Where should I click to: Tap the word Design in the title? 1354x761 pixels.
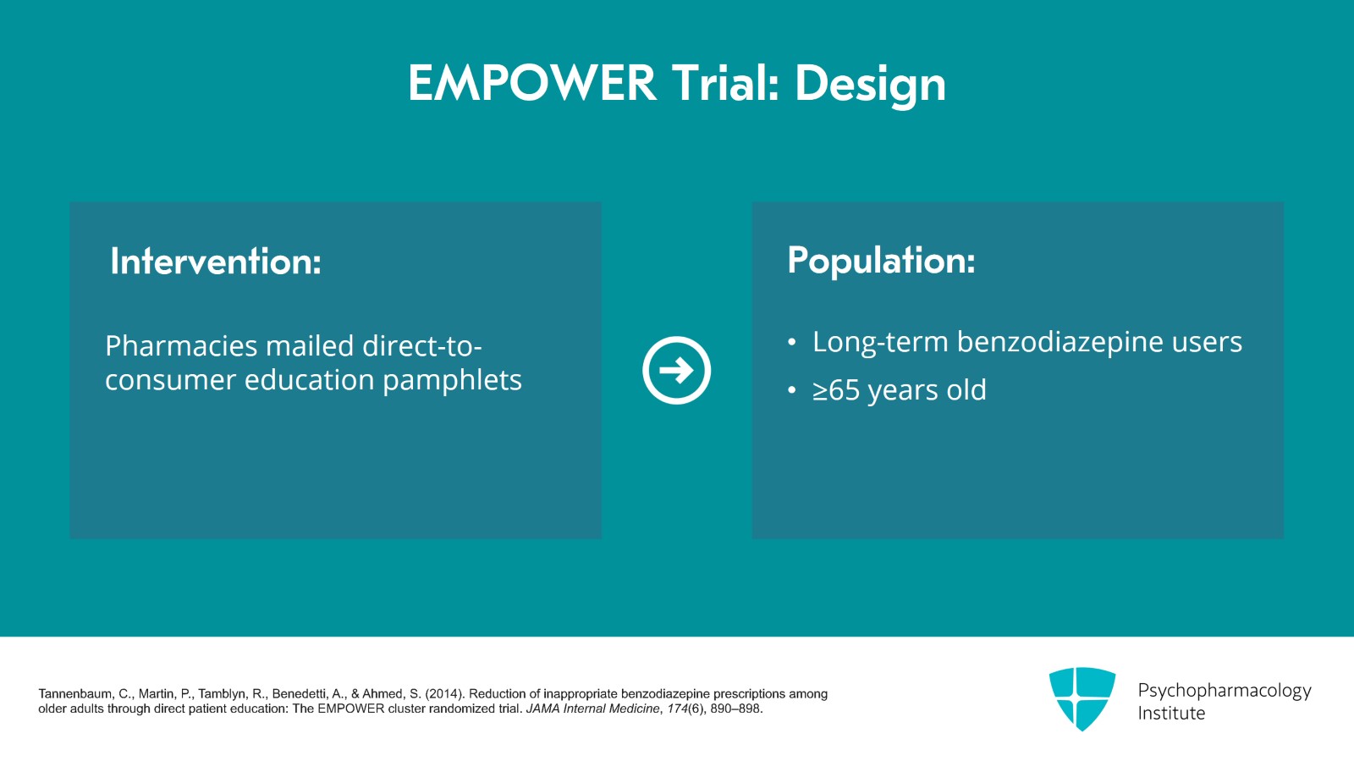click(871, 86)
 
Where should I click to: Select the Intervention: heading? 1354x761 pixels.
click(216, 262)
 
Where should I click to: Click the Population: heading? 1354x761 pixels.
click(881, 262)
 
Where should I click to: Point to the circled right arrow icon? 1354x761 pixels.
click(676, 370)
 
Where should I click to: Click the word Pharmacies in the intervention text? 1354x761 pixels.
click(181, 346)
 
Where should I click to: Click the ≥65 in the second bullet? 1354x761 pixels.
click(836, 390)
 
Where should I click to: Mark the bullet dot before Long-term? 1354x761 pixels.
click(792, 343)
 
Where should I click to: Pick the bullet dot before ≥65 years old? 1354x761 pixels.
click(792, 390)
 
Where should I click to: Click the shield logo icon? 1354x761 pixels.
click(1082, 698)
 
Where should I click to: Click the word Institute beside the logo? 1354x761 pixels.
click(1171, 714)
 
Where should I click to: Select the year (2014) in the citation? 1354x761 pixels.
click(445, 694)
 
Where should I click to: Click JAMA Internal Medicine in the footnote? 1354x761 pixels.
click(593, 709)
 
